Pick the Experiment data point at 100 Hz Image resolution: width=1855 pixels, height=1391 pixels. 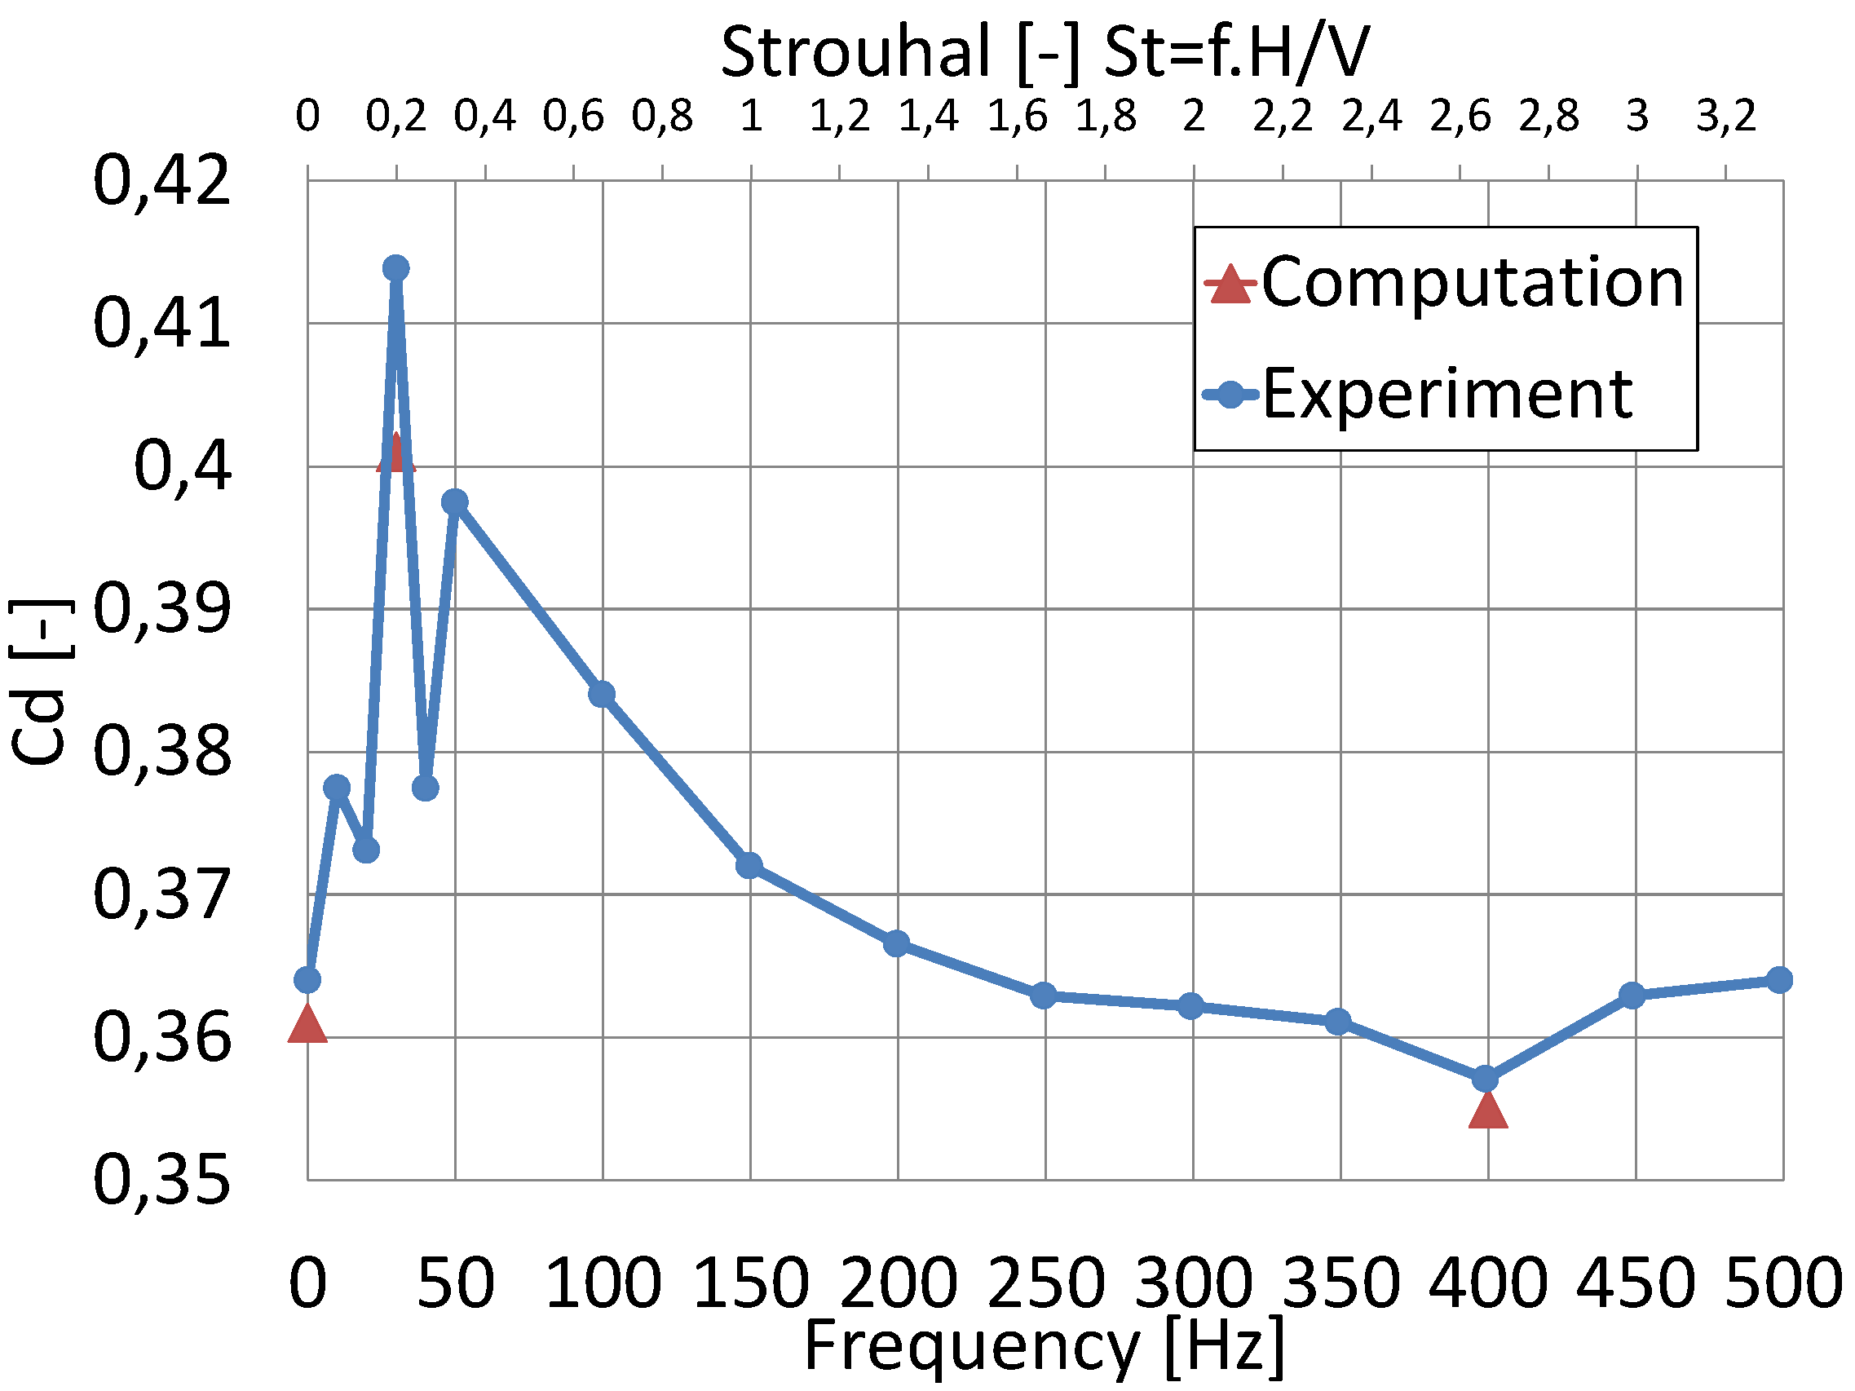[602, 694]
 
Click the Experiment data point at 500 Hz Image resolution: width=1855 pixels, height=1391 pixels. [1779, 979]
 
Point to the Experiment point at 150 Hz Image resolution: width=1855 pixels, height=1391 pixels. [749, 865]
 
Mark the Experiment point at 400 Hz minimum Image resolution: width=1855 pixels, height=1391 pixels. [1485, 1079]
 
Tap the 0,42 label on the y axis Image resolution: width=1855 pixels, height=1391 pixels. [161, 181]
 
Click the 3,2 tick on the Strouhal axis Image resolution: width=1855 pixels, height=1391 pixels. [1725, 117]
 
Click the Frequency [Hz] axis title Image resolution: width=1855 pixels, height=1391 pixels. [1044, 1346]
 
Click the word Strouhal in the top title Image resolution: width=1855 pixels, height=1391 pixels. [855, 52]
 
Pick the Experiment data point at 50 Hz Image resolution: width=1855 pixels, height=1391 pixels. [454, 502]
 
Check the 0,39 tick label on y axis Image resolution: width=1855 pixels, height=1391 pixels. [161, 609]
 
